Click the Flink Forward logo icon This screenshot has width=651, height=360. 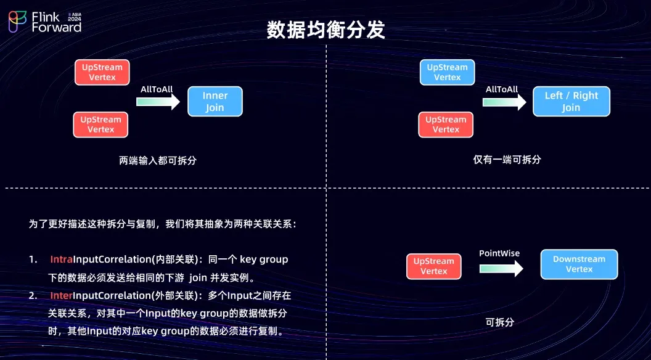point(17,22)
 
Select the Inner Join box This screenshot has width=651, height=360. point(215,102)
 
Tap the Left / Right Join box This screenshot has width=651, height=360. point(571,102)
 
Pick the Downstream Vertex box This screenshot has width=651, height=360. point(579,264)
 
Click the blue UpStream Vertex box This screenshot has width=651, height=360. point(447,72)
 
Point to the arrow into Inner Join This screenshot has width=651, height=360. point(158,102)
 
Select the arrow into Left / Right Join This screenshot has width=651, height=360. point(502,102)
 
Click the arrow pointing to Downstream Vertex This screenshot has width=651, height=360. point(501,268)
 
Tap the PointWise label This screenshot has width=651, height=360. point(499,253)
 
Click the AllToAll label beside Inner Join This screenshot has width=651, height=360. point(157,89)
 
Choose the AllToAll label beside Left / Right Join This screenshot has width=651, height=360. point(502,89)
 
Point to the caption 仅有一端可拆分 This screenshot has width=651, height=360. point(507,160)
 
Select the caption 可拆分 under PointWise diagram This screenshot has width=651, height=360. point(499,322)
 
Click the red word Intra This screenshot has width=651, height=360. point(62,260)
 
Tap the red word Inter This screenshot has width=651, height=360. point(61,296)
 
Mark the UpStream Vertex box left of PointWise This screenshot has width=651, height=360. point(433,266)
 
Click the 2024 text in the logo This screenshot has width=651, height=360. point(75,19)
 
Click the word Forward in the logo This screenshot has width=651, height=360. point(56,28)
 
